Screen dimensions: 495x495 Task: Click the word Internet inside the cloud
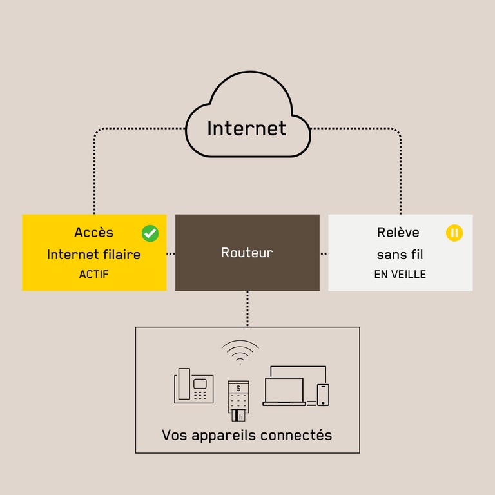pyautogui.click(x=246, y=128)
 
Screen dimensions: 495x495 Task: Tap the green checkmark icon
pyautogui.click(x=150, y=233)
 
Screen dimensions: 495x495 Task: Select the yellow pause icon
pyautogui.click(x=454, y=233)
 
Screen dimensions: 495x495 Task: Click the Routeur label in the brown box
pyautogui.click(x=247, y=253)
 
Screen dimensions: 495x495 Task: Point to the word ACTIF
pyautogui.click(x=94, y=275)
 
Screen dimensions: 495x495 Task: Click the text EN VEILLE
pyautogui.click(x=400, y=275)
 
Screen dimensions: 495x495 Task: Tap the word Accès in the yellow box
pyautogui.click(x=93, y=233)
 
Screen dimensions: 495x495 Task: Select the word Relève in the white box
pyautogui.click(x=398, y=233)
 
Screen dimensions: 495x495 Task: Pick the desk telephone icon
pyautogui.click(x=193, y=386)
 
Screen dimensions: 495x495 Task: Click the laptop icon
pyautogui.click(x=284, y=391)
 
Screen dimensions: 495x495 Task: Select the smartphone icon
pyautogui.click(x=323, y=394)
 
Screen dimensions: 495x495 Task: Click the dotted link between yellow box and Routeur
pyautogui.click(x=171, y=253)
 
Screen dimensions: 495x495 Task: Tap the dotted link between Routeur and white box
pyautogui.click(x=324, y=253)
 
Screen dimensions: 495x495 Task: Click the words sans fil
pyautogui.click(x=400, y=255)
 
